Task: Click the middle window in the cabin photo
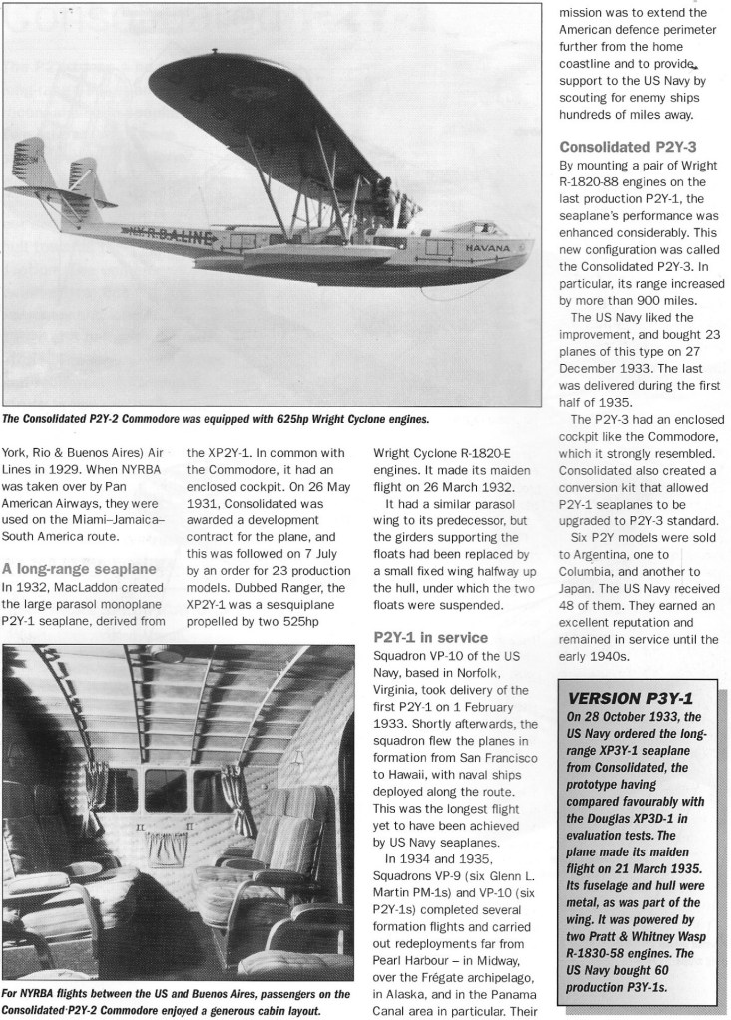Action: pos(167,788)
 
